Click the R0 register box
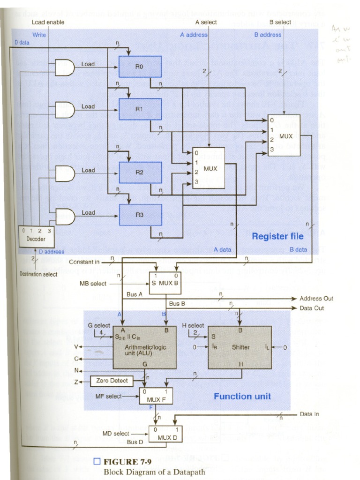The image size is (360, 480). point(140,67)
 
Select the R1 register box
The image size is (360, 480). point(140,109)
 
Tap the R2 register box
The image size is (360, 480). point(140,172)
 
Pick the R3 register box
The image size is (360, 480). point(140,215)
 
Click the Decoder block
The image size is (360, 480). point(36,237)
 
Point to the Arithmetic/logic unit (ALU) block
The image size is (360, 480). point(144,347)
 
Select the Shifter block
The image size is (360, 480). point(240,347)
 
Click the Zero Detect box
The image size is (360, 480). point(112,381)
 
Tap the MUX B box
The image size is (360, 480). point(165,283)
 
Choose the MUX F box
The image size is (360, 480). point(156,396)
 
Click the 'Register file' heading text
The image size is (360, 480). point(277,236)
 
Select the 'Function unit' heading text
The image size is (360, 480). point(242,396)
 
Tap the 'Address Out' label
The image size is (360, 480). point(316,298)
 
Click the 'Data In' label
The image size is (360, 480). point(310,414)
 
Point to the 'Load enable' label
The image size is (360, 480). point(48,22)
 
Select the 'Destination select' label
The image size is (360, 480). point(38,274)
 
